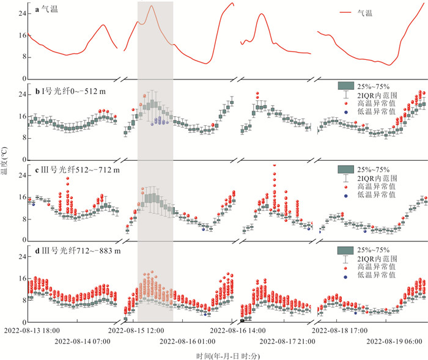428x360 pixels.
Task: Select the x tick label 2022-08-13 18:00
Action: point(35,330)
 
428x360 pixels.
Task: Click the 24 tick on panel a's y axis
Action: point(21,13)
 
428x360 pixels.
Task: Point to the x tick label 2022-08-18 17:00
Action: point(343,330)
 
